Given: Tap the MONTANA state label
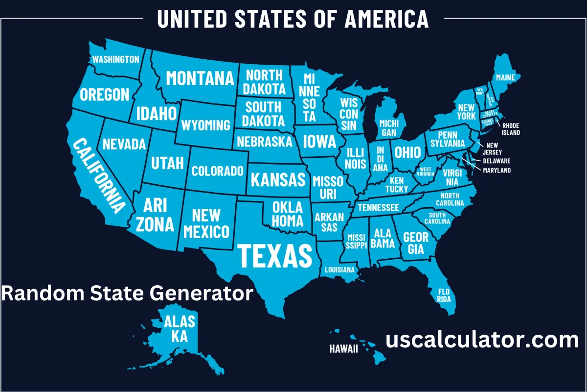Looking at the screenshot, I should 200,78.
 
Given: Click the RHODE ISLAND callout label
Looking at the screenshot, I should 511,129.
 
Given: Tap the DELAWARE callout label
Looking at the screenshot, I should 497,161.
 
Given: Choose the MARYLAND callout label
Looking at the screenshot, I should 497,171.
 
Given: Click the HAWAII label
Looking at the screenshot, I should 343,349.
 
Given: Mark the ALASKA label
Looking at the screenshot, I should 180,328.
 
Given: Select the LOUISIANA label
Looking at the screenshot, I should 339,269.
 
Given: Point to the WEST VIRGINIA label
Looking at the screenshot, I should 427,171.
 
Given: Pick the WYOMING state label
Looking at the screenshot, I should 205,125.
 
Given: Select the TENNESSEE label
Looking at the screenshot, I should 378,207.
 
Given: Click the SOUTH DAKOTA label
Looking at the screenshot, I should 264,114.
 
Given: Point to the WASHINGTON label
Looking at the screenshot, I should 116,59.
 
